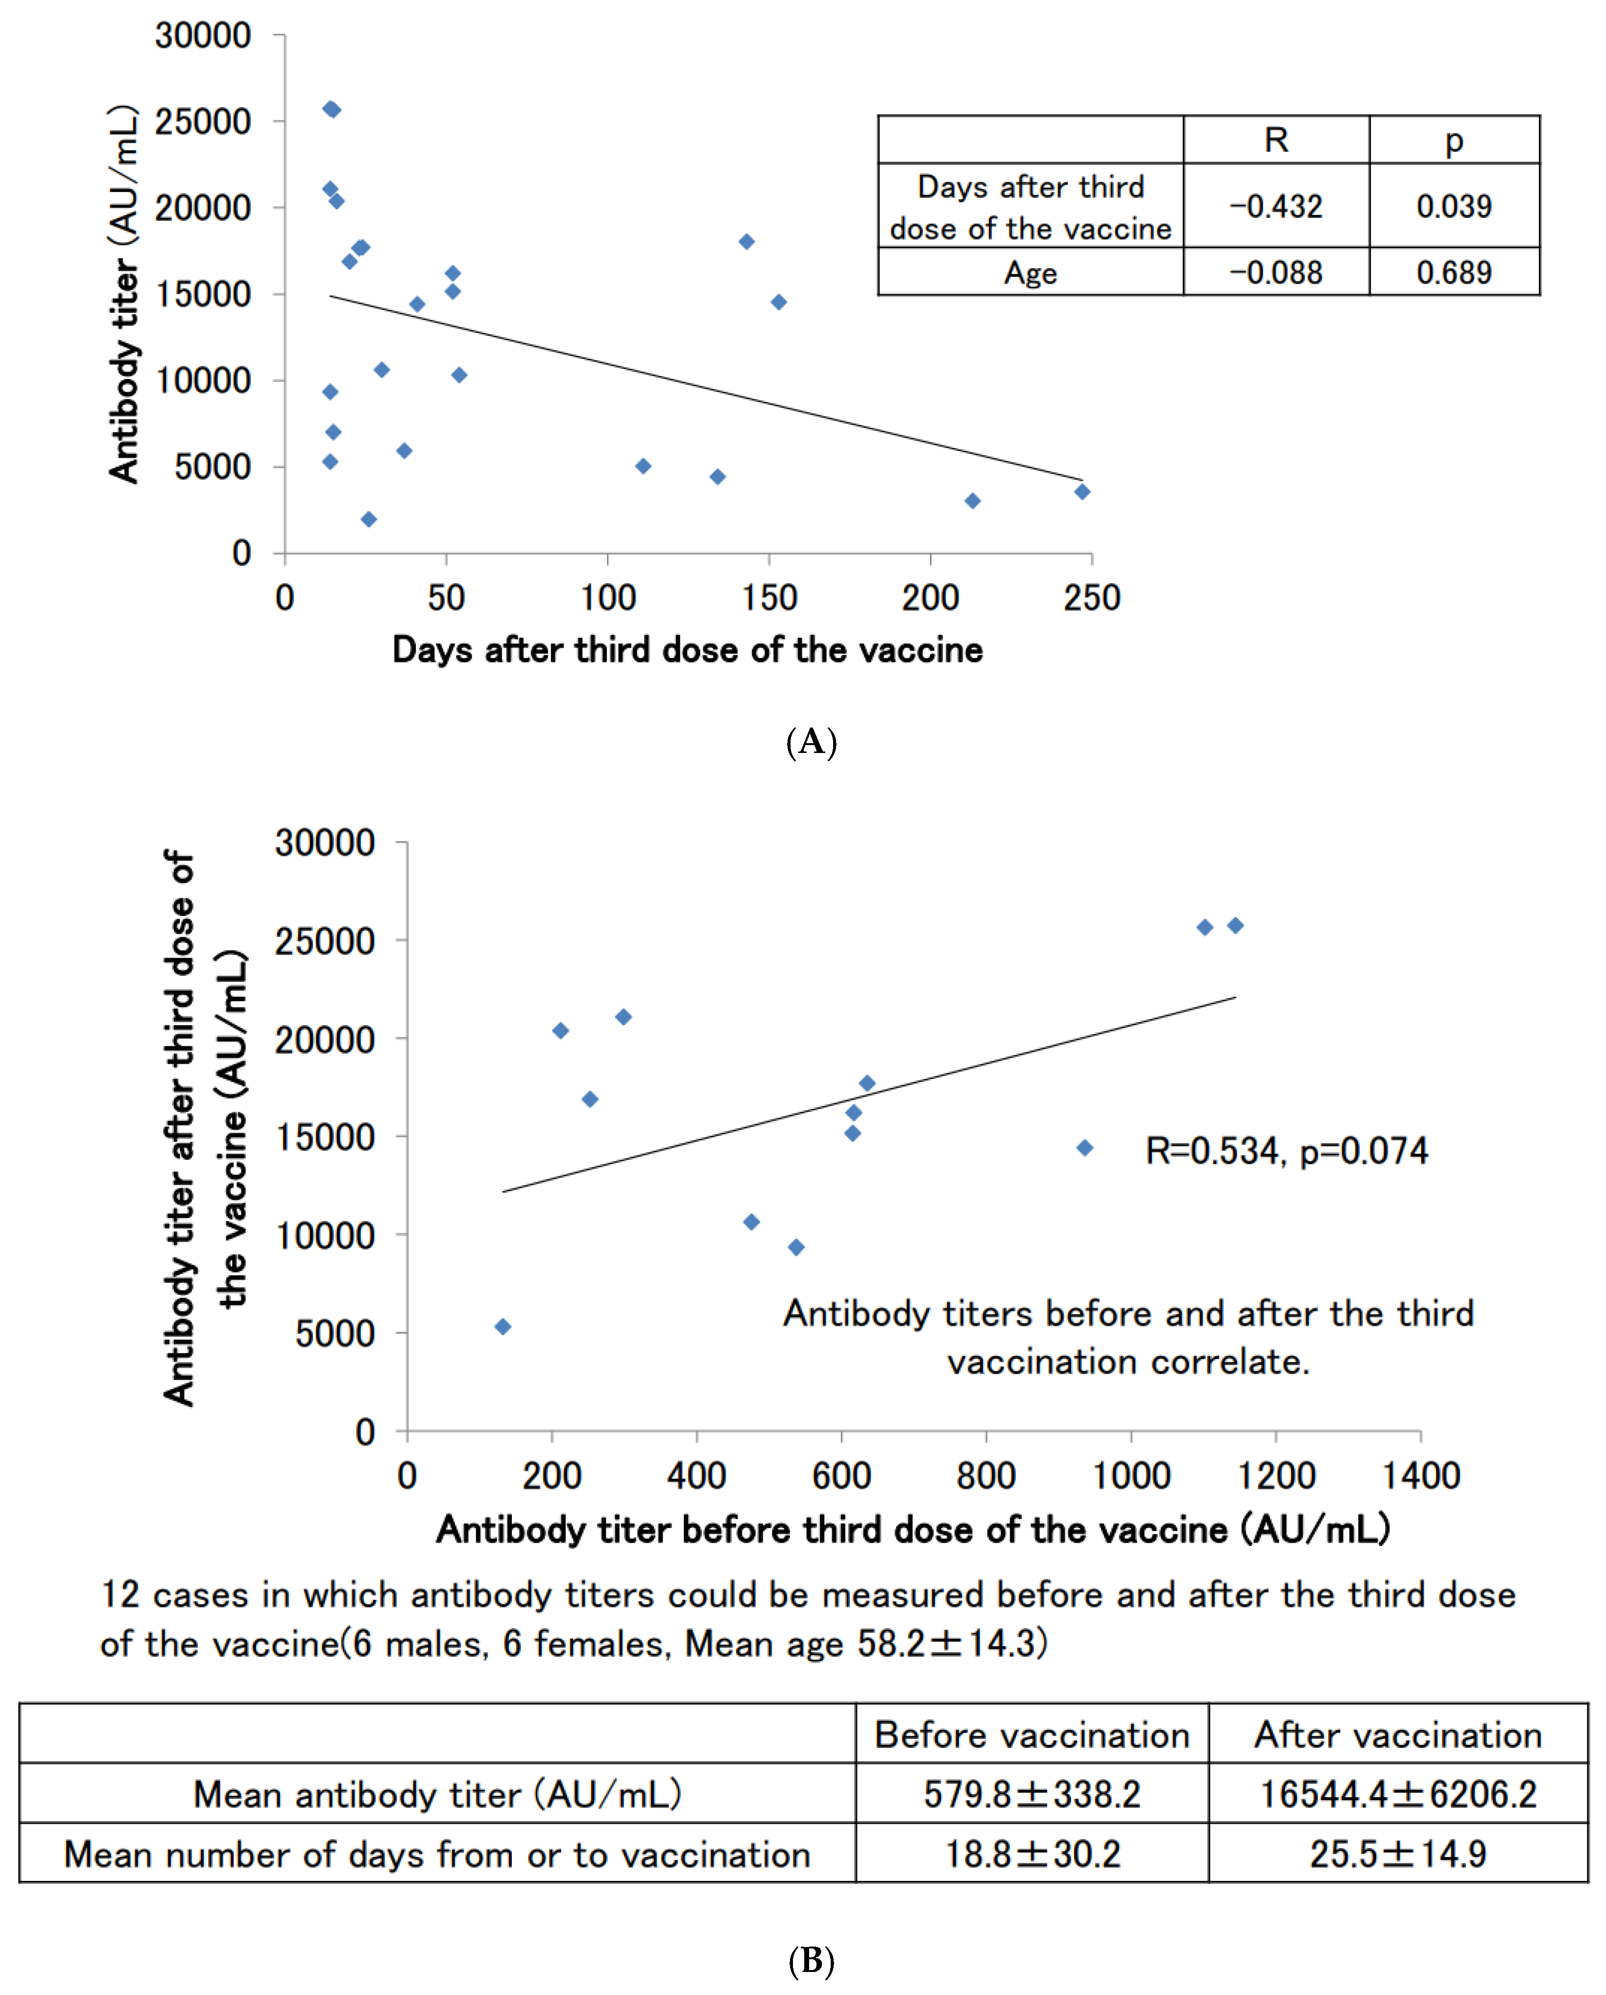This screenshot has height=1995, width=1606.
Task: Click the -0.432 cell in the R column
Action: coord(1275,206)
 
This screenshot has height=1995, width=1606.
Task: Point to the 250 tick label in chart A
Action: coord(1091,598)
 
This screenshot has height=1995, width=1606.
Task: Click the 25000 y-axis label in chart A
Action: coord(203,121)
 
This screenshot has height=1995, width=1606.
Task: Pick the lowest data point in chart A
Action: coord(368,519)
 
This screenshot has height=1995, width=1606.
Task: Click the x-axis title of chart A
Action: coord(687,650)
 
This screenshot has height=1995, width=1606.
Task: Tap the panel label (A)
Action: coord(811,742)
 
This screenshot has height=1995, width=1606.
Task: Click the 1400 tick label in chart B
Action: coord(1420,1475)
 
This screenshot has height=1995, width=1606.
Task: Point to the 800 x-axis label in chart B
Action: coord(986,1475)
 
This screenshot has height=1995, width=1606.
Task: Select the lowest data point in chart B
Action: coord(503,1327)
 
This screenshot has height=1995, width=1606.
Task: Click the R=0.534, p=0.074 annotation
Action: coord(1286,1150)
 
